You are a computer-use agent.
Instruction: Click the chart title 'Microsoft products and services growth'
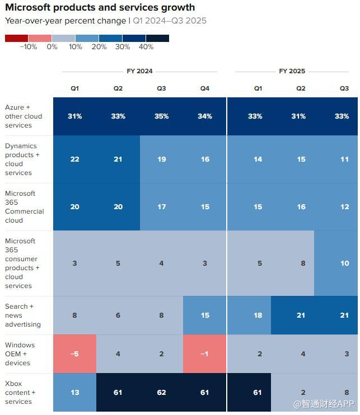100,8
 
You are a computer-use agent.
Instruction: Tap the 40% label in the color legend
146,47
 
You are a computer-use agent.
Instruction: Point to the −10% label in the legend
28,47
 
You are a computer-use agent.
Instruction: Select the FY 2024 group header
139,72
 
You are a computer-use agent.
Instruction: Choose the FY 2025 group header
292,72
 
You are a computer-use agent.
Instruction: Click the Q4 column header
205,88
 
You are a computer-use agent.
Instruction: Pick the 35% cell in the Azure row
161,116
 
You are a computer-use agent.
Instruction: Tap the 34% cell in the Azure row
205,116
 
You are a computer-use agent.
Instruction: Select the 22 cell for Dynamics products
75,159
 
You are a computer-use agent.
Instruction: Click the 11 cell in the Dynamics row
344,159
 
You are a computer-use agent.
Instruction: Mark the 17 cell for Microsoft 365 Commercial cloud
161,207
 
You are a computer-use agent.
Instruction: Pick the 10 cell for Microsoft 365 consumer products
344,263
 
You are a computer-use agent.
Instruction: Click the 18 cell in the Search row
258,315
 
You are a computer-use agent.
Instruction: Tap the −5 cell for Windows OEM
75,354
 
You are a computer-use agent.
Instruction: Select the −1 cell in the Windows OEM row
205,354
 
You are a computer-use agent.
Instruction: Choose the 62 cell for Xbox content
161,393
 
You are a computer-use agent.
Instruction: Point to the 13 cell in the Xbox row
75,393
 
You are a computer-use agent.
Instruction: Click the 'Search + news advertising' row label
23,315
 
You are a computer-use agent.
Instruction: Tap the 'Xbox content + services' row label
20,393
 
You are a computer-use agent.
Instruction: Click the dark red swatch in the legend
16,39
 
